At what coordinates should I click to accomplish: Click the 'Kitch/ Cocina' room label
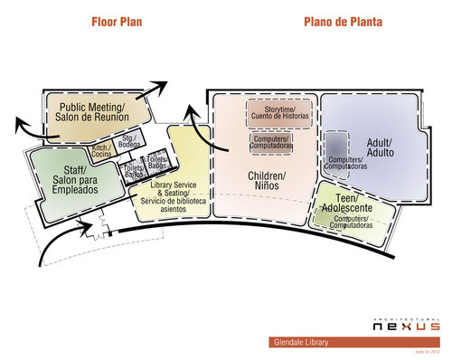tap(100, 151)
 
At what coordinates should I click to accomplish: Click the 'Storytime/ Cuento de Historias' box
tap(279, 113)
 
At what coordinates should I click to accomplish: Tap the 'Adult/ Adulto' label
tap(380, 148)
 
